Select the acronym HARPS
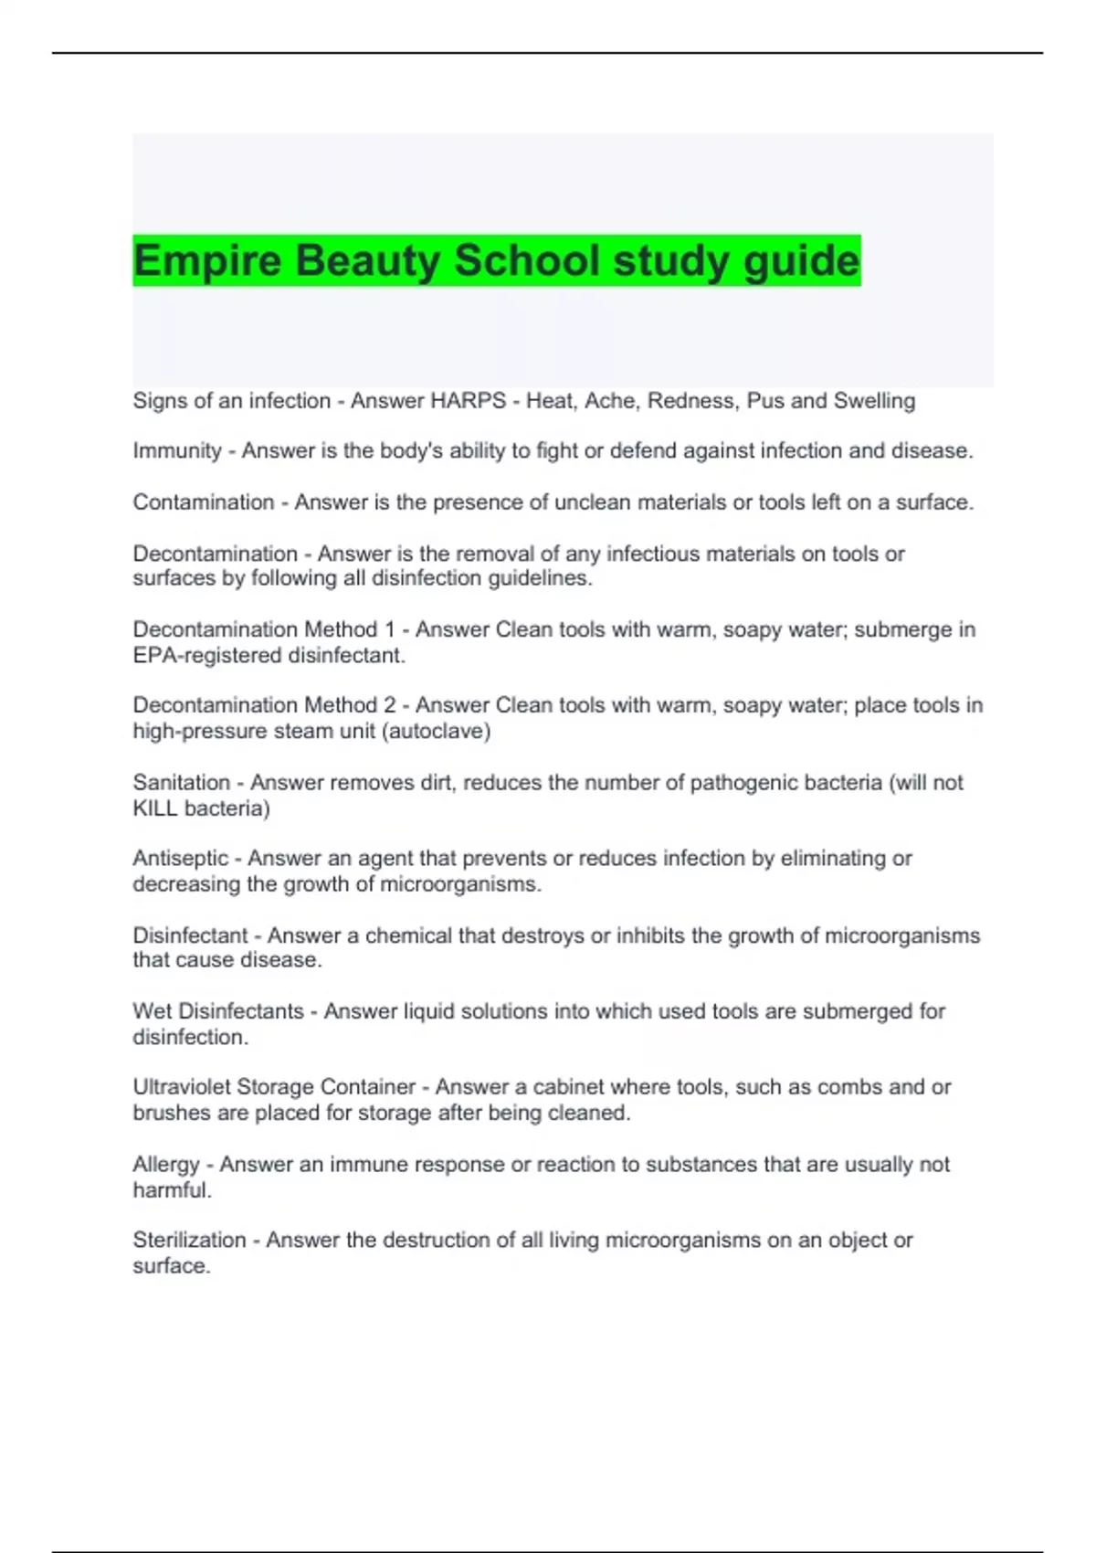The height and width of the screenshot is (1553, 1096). [x=468, y=401]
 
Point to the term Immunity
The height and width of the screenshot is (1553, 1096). [x=177, y=451]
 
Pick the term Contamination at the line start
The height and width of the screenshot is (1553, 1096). [x=204, y=502]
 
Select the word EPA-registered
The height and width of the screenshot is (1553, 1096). [x=206, y=656]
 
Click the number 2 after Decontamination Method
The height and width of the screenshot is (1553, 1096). [x=390, y=706]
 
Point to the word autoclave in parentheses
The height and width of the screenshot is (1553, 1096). [x=437, y=732]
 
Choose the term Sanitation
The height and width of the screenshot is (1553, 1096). [x=181, y=783]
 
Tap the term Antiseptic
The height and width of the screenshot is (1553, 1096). [x=180, y=859]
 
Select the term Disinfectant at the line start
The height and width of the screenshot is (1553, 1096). [x=190, y=936]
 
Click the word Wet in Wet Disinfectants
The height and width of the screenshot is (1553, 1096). [x=152, y=1012]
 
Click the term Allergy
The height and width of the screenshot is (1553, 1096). [x=165, y=1166]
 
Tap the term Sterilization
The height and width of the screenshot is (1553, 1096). [x=189, y=1241]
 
